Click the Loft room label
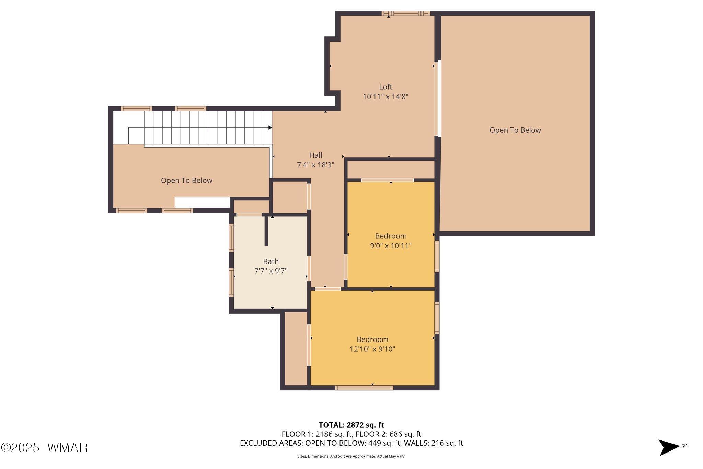pyautogui.click(x=385, y=87)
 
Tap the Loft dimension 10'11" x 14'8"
pyautogui.click(x=385, y=97)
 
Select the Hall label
pyautogui.click(x=315, y=155)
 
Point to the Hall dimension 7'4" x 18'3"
pyautogui.click(x=315, y=165)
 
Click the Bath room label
pyautogui.click(x=271, y=261)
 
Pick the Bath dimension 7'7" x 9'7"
pyautogui.click(x=271, y=271)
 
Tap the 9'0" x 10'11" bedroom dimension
pyautogui.click(x=391, y=246)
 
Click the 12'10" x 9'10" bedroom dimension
pyautogui.click(x=372, y=349)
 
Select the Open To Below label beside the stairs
pyautogui.click(x=187, y=180)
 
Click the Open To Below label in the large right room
pyautogui.click(x=515, y=130)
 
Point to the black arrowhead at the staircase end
pyautogui.click(x=270, y=127)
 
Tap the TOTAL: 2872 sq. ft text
pyautogui.click(x=351, y=425)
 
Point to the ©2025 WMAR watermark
pyautogui.click(x=44, y=447)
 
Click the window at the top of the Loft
pyautogui.click(x=406, y=14)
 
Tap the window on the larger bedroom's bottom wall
pyautogui.click(x=364, y=388)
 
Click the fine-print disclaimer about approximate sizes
pyautogui.click(x=351, y=456)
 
